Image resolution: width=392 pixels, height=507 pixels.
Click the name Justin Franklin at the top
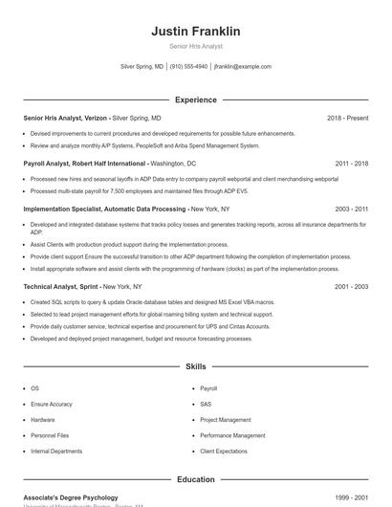pyautogui.click(x=195, y=32)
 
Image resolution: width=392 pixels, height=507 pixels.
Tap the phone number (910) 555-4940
pyautogui.click(x=189, y=67)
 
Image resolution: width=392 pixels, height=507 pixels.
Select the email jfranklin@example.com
pyautogui.click(x=243, y=67)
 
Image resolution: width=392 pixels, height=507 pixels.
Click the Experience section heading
pyautogui.click(x=195, y=99)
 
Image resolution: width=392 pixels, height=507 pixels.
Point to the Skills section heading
pyautogui.click(x=195, y=366)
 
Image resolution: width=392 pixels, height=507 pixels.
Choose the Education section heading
pyautogui.click(x=195, y=479)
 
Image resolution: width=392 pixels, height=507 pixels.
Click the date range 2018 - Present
pyautogui.click(x=347, y=118)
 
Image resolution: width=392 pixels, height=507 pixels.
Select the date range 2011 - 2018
pyautogui.click(x=351, y=164)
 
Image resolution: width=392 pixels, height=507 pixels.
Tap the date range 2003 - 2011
pyautogui.click(x=351, y=209)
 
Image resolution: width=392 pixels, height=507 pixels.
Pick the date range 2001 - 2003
pyautogui.click(x=351, y=286)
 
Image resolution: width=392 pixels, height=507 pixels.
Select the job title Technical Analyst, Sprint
pyautogui.click(x=61, y=286)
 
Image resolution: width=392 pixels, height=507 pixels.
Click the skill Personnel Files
pyautogui.click(x=50, y=435)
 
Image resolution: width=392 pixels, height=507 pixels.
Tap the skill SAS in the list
pyautogui.click(x=206, y=404)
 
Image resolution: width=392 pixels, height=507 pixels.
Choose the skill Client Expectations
pyautogui.click(x=225, y=451)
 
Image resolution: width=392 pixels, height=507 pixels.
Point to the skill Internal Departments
pyautogui.click(x=56, y=451)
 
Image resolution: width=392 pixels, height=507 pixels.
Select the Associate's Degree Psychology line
pyautogui.click(x=71, y=497)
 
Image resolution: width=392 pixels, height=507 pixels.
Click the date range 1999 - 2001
pyautogui.click(x=351, y=497)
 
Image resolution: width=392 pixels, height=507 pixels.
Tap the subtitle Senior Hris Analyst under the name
pyautogui.click(x=195, y=46)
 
